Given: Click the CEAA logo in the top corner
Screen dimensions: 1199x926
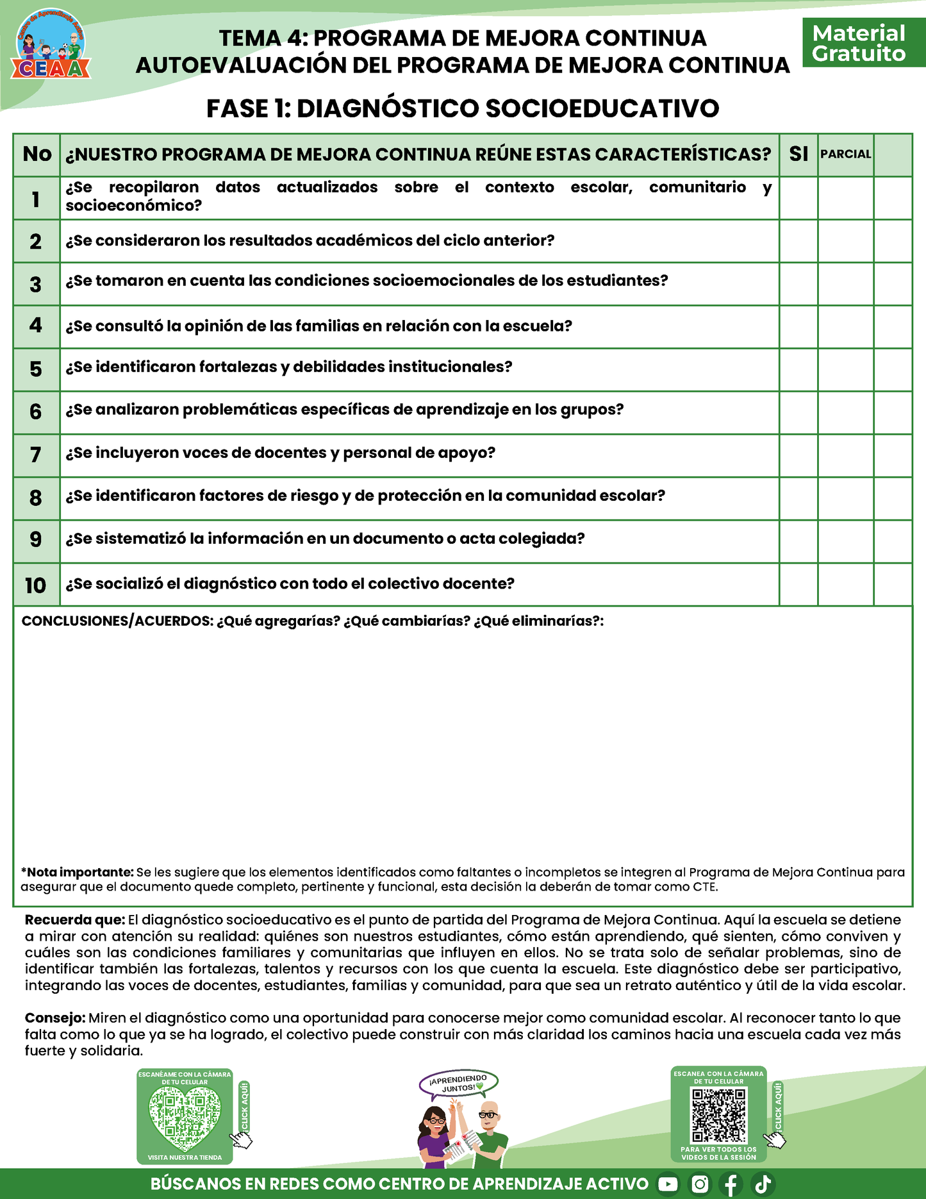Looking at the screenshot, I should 51,46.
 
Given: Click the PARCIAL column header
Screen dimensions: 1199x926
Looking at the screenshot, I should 845,155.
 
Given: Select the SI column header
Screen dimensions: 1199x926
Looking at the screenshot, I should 798,155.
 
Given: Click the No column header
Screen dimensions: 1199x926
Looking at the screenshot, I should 37,155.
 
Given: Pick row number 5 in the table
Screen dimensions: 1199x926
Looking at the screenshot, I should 36,369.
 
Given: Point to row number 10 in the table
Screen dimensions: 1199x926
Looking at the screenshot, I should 36,585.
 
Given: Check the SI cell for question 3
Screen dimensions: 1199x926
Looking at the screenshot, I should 798,284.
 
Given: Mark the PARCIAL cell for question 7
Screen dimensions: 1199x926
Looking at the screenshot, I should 845,455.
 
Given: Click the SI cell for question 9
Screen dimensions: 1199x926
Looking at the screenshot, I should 798,541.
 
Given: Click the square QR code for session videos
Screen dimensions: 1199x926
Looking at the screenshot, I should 719,1116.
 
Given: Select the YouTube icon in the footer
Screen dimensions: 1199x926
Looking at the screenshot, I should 668,1184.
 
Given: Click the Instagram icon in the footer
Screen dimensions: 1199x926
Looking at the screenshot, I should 700,1184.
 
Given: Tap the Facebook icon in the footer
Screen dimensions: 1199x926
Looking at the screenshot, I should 731,1184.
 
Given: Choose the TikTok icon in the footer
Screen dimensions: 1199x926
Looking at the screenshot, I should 763,1184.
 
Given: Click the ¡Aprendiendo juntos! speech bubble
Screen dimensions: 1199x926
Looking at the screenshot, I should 458,1084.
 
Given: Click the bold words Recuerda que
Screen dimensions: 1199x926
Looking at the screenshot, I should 74,920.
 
